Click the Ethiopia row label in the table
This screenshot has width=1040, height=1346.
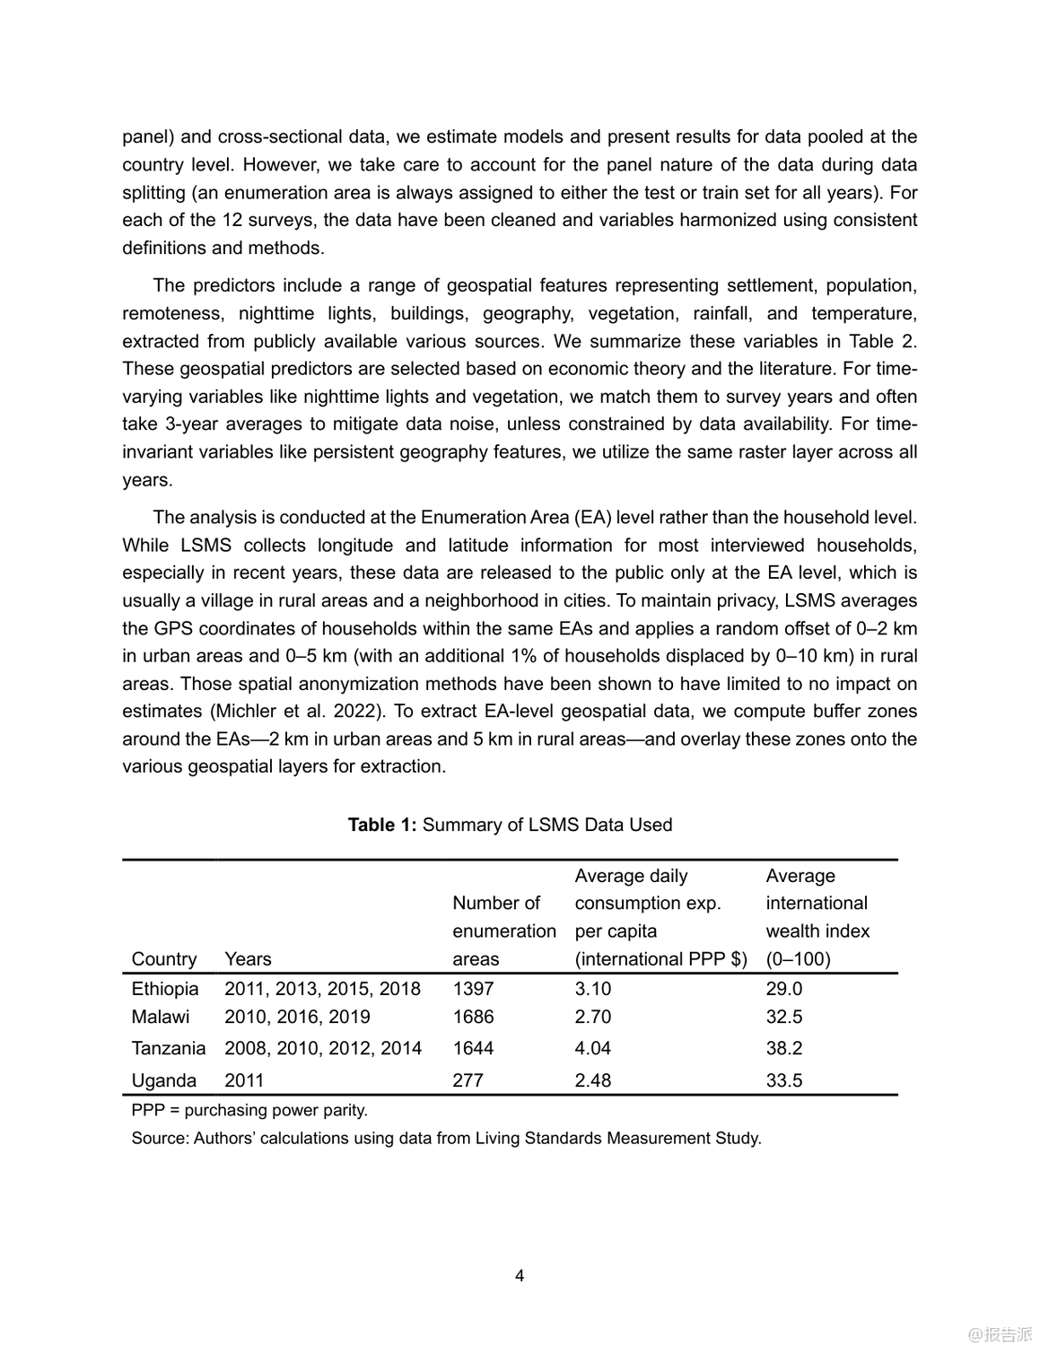pyautogui.click(x=165, y=989)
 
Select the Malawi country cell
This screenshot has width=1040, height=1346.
pyautogui.click(x=161, y=1017)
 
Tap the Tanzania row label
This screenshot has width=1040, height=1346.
pyautogui.click(x=169, y=1048)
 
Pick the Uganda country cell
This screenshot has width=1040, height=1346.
pyautogui.click(x=163, y=1080)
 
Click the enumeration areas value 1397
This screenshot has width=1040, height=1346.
pyautogui.click(x=473, y=989)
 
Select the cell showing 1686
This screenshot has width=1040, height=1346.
pyautogui.click(x=473, y=1017)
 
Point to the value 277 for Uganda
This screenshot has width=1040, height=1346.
pyautogui.click(x=468, y=1080)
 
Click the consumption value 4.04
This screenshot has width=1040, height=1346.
pyautogui.click(x=592, y=1048)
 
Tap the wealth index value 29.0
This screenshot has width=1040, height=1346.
pyautogui.click(x=784, y=989)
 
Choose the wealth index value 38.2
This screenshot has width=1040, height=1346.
pyautogui.click(x=784, y=1048)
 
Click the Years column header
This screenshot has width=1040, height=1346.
pyautogui.click(x=248, y=959)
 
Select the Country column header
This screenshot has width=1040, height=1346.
pyautogui.click(x=164, y=959)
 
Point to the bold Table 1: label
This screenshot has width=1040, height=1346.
pyautogui.click(x=382, y=825)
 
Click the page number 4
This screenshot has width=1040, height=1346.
pyautogui.click(x=520, y=1276)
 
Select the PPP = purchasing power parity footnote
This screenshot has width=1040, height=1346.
pyautogui.click(x=249, y=1110)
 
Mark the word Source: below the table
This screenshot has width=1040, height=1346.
pyautogui.click(x=160, y=1138)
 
